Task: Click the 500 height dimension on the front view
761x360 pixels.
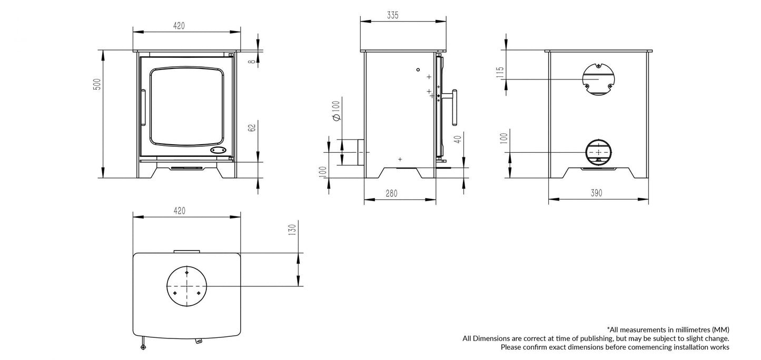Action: pos(96,84)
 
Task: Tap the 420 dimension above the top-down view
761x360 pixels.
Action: pos(179,211)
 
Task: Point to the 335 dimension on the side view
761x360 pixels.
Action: pos(392,15)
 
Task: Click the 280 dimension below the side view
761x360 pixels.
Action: pos(391,194)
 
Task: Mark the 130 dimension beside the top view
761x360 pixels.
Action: pos(293,229)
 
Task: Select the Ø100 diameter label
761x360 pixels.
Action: pos(337,111)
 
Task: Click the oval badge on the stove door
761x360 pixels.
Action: pos(218,150)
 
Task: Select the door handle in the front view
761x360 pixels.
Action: pos(143,107)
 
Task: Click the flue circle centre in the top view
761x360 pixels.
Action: pos(186,286)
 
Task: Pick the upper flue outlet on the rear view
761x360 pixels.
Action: pos(598,79)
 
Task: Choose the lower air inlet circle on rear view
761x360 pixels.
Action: pos(598,152)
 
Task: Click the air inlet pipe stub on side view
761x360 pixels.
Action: pos(360,152)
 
